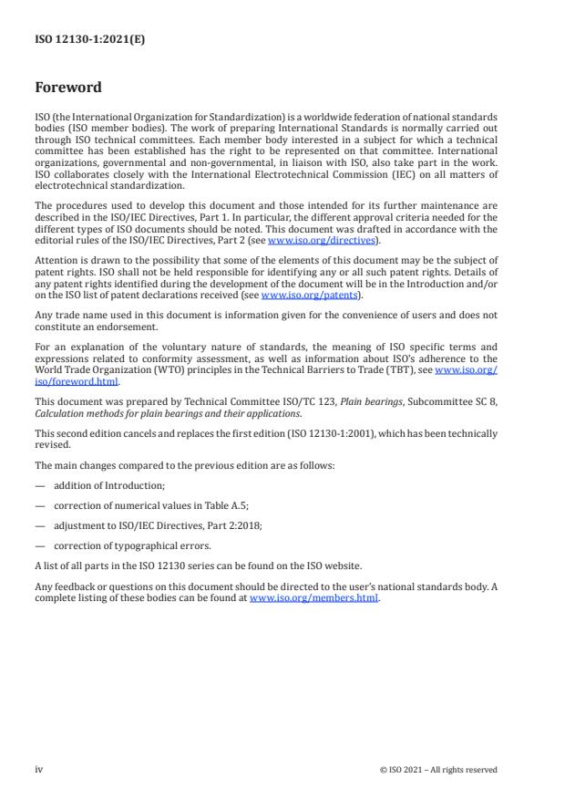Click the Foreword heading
pyautogui.click(x=68, y=88)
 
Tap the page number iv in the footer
pyautogui.click(x=39, y=769)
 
